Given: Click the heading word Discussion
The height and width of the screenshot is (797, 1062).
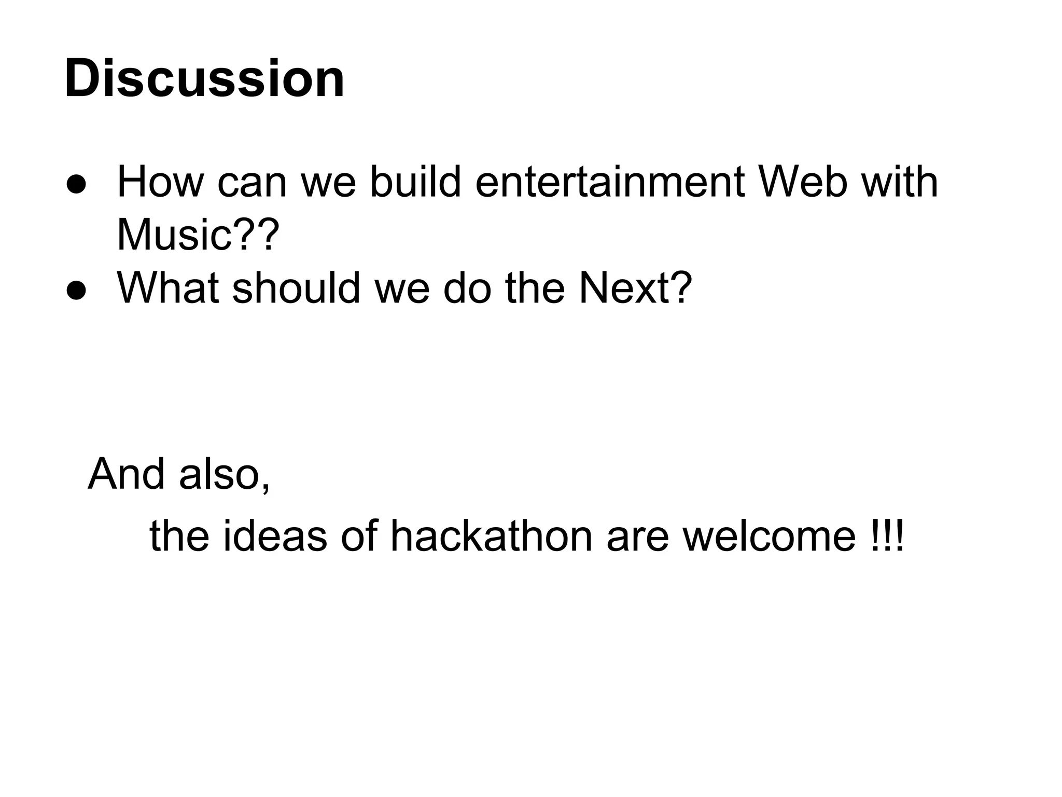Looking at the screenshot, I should coord(204,79).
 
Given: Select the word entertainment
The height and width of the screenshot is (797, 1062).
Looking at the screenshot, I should coord(610,183).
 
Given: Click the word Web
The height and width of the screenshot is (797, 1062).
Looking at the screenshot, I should coord(803,183).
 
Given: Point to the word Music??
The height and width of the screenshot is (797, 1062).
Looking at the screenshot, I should coord(198,235).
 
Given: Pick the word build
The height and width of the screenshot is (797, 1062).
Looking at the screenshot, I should coord(415,183).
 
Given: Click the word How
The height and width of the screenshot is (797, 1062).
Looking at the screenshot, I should coord(160,183).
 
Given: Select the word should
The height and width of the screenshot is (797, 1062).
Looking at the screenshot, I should coord(296,288).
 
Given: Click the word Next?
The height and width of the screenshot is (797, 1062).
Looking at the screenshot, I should coord(635,288).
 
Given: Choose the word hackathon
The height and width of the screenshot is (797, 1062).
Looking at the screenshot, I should coord(491,537).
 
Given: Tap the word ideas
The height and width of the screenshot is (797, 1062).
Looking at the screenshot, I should coord(275,537).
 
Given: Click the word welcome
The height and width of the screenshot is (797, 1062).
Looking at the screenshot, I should coord(769,537).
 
